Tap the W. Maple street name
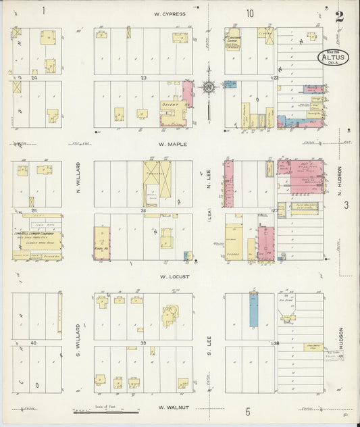171,144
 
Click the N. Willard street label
79,177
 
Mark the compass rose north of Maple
209,86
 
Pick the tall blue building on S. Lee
253,309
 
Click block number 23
143,78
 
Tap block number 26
143,211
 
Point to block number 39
143,343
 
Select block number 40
33,343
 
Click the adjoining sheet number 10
250,13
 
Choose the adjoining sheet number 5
248,411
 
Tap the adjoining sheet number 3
345,205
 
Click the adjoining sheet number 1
43,10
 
